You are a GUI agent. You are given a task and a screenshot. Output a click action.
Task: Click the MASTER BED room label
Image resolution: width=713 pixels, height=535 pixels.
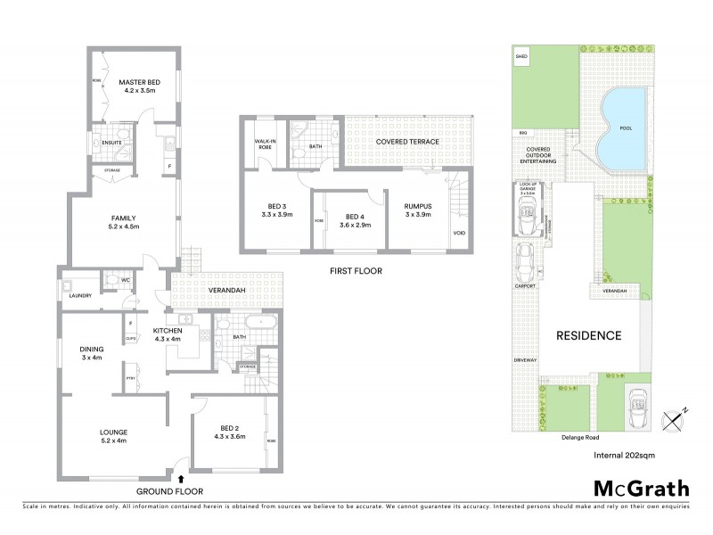pyautogui.click(x=137, y=82)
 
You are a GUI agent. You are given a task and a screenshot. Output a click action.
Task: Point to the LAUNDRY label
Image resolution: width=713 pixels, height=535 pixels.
pyautogui.click(x=73, y=295)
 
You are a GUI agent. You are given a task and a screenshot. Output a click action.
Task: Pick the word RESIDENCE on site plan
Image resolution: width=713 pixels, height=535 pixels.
pyautogui.click(x=588, y=336)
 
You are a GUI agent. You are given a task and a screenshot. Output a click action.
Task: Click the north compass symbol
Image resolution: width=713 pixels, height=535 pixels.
pyautogui.click(x=675, y=416)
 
